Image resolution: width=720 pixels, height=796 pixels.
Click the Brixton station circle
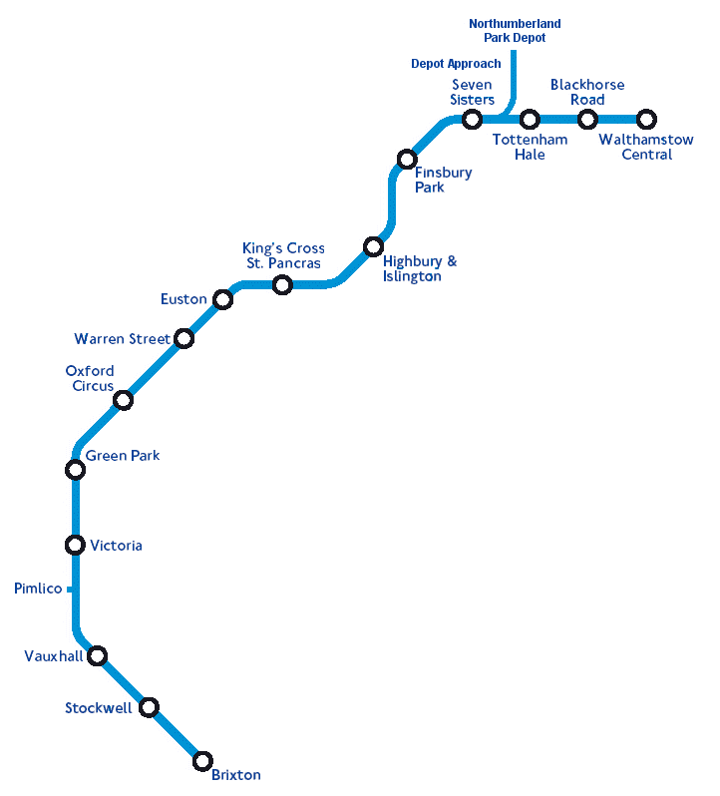pyautogui.click(x=202, y=761)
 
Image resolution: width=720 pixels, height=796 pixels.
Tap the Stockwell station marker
pyautogui.click(x=149, y=707)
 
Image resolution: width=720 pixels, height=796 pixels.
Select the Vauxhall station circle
pyautogui.click(x=97, y=655)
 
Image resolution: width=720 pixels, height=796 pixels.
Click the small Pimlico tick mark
pyautogui.click(x=70, y=590)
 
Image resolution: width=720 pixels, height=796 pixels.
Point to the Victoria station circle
pyautogui.click(x=75, y=545)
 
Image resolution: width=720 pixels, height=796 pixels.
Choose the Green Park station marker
pyautogui.click(x=75, y=469)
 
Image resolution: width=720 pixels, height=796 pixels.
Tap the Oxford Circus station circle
pyautogui.click(x=123, y=401)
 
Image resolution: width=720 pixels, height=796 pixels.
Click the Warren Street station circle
pyautogui.click(x=183, y=339)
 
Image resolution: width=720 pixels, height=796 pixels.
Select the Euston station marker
pyautogui.click(x=223, y=299)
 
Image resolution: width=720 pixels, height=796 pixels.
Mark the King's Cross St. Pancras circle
pyautogui.click(x=282, y=285)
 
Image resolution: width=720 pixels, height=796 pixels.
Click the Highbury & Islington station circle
pyautogui.click(x=373, y=246)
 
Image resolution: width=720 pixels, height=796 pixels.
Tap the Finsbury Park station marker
pyautogui.click(x=407, y=159)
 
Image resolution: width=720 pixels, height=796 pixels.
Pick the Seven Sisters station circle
pyautogui.click(x=473, y=120)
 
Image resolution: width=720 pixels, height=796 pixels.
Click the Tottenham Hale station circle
pyautogui.click(x=530, y=120)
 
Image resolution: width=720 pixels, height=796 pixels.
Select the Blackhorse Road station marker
pyautogui.click(x=587, y=120)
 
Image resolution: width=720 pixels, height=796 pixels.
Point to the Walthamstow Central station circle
pyautogui.click(x=646, y=120)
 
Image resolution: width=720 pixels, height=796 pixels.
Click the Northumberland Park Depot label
pyautogui.click(x=515, y=30)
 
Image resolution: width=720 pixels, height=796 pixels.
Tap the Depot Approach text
pyautogui.click(x=456, y=64)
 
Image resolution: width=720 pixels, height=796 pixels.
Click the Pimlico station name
pyautogui.click(x=38, y=589)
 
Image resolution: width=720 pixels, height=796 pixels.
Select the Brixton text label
pyautogui.click(x=236, y=775)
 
